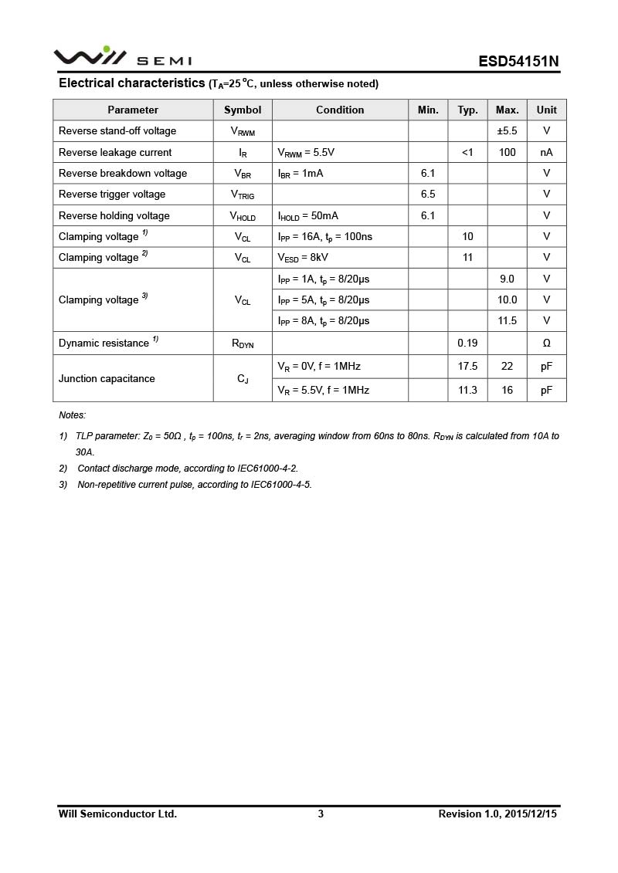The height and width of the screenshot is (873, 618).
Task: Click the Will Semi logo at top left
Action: coord(122,57)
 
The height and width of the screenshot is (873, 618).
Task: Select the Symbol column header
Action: coord(243,110)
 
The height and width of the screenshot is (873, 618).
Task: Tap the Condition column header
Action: coord(340,110)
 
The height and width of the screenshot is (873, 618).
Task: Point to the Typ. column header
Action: coord(467,110)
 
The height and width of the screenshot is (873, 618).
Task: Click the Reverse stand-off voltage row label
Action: coord(117,131)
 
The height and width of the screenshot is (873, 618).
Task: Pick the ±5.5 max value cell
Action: coord(507,131)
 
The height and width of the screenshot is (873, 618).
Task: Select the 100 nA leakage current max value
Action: coord(507,152)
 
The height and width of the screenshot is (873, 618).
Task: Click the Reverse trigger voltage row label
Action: coord(112,195)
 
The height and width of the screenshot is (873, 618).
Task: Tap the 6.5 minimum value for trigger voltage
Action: coord(428,195)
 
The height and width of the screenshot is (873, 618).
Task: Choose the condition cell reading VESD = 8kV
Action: coord(303,258)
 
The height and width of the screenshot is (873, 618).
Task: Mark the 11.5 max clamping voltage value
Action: coord(507,320)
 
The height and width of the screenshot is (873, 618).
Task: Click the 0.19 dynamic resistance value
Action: coord(467,343)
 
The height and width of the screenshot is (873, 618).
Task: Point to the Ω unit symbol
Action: coord(546,343)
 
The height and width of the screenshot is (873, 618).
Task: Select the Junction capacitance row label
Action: coord(107,378)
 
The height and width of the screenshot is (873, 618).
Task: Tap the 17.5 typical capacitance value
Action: coord(467,367)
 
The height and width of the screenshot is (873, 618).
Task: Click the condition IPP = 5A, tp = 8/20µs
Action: coord(324,299)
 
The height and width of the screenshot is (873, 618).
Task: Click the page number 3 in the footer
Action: coord(321,814)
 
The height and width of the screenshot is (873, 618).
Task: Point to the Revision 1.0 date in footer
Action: coord(497,814)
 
